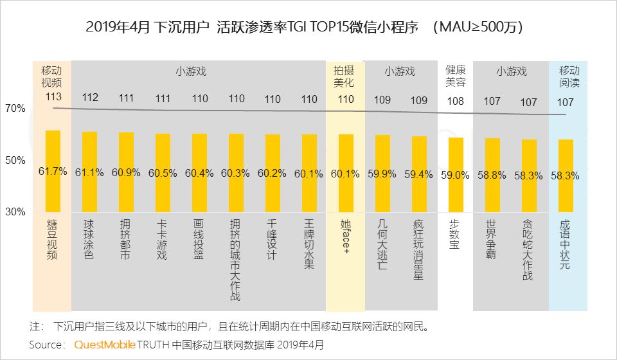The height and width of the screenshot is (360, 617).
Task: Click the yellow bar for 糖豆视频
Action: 53,171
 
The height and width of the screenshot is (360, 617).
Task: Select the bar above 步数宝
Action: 456,175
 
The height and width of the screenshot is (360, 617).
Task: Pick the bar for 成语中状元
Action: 566,175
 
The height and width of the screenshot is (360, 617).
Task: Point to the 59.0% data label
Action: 456,174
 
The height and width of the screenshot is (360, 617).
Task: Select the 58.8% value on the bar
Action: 492,174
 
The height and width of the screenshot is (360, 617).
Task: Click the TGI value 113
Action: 53,97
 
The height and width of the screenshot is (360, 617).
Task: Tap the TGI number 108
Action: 456,101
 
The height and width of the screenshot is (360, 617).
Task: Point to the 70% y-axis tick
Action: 15,109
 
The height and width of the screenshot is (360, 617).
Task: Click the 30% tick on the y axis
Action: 15,212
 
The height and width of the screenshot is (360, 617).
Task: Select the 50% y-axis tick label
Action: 15,160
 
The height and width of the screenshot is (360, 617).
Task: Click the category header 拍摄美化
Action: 346,76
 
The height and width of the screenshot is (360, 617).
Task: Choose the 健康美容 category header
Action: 456,76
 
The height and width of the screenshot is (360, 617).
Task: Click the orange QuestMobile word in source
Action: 105,345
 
